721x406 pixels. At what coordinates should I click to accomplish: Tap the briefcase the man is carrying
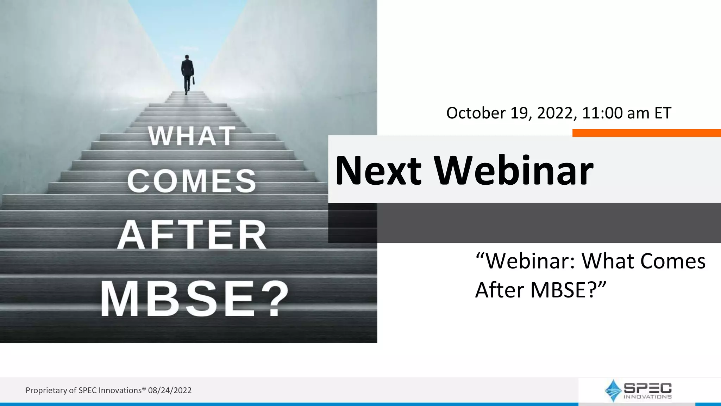coord(193,80)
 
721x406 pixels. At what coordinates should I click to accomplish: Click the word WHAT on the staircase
coord(192,136)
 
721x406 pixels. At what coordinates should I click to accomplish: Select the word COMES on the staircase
coord(192,181)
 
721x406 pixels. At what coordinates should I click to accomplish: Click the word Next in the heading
coord(378,171)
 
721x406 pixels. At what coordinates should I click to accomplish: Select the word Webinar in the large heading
coord(513,171)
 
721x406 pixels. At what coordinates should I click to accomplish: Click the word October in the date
coord(476,113)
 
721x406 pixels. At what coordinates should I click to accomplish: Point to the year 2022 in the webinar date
coord(556,113)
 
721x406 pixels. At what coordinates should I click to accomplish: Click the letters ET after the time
coord(663,113)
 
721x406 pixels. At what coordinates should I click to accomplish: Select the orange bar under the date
coord(646,133)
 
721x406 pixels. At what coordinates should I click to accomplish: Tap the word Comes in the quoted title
coord(672,261)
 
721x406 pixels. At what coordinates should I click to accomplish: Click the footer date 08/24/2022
coord(170,390)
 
